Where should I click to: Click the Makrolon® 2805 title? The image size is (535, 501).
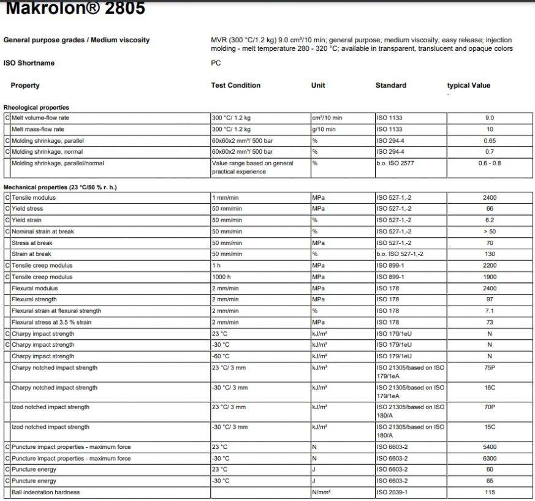click(x=75, y=9)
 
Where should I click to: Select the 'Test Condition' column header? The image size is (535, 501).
click(x=236, y=86)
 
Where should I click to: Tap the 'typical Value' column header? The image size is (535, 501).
click(x=469, y=86)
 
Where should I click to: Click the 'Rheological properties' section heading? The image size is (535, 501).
click(x=36, y=108)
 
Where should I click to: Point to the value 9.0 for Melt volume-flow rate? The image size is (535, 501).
click(x=489, y=118)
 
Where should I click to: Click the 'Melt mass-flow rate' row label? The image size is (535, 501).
click(x=38, y=129)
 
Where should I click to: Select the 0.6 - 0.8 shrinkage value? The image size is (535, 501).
click(x=489, y=164)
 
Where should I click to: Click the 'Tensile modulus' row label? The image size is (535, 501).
click(x=34, y=198)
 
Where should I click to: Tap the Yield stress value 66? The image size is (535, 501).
click(x=489, y=209)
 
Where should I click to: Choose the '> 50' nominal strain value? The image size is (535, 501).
click(x=489, y=232)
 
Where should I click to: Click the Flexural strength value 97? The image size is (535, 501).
click(x=489, y=299)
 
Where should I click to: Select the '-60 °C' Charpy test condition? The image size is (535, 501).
click(x=221, y=356)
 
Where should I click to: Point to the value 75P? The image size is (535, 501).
click(x=489, y=368)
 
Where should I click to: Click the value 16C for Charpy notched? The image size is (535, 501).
click(x=489, y=388)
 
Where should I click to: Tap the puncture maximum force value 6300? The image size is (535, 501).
click(x=489, y=459)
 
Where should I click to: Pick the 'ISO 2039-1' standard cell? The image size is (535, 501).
click(x=393, y=492)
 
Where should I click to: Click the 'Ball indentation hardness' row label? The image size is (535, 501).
click(x=46, y=492)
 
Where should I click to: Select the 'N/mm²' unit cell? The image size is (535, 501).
click(x=322, y=492)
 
